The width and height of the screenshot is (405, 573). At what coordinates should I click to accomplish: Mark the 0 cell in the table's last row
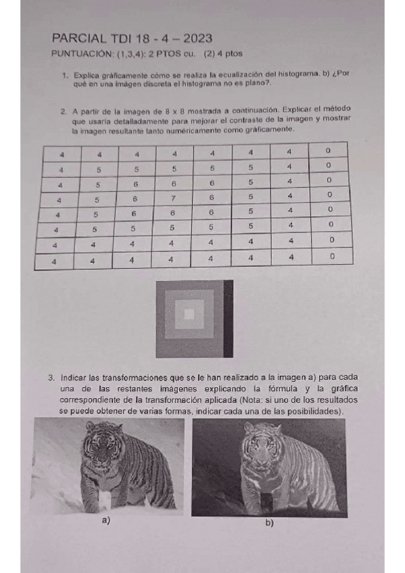pos(331,257)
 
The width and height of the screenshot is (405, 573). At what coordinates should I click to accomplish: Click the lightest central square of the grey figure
pos(189,314)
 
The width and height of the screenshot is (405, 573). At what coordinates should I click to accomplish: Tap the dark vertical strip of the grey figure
pos(228,318)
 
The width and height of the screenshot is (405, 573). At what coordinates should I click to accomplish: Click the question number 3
pos(51,377)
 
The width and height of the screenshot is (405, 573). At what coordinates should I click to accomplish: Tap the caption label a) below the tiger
pos(105,520)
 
